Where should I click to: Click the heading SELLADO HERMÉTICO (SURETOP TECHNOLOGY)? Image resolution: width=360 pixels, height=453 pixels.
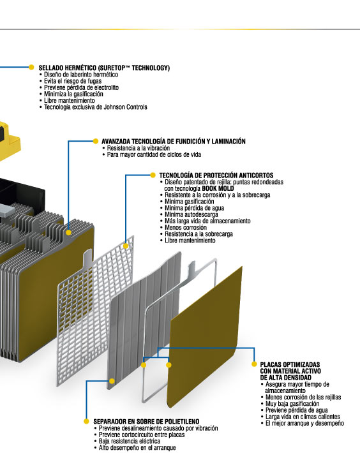click(x=104, y=68)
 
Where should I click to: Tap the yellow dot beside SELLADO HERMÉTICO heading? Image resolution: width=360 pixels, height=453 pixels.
click(x=31, y=68)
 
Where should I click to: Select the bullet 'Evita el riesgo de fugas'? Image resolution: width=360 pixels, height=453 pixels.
click(x=73, y=81)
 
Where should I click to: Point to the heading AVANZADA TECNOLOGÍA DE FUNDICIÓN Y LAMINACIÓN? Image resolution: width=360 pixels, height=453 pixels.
click(x=174, y=141)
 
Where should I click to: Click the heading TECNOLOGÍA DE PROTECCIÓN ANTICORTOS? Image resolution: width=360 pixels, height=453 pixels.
click(x=216, y=175)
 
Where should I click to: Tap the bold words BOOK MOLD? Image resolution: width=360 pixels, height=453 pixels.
click(x=218, y=188)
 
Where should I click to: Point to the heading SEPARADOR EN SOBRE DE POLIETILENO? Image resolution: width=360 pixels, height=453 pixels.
click(x=146, y=422)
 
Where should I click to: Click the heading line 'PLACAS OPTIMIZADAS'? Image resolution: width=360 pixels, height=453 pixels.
click(x=290, y=364)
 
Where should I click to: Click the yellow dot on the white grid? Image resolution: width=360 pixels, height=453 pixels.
click(x=126, y=246)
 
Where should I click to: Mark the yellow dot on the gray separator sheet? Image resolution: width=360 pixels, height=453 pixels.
click(x=112, y=381)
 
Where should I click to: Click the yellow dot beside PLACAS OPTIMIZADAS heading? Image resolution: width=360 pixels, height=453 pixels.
click(x=254, y=364)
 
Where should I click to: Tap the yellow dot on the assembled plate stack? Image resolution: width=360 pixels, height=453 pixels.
click(x=68, y=232)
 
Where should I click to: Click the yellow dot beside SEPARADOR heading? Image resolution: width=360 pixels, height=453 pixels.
click(x=86, y=421)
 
